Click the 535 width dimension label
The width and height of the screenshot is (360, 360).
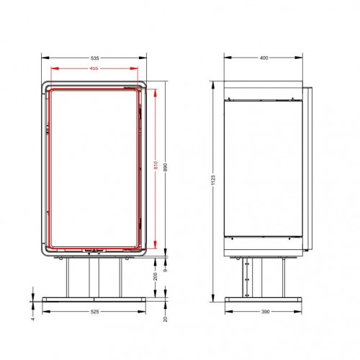[95, 58]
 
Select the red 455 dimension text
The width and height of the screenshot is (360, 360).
[94, 68]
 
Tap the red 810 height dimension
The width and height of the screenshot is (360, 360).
[156, 166]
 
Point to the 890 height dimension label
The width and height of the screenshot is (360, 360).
[165, 167]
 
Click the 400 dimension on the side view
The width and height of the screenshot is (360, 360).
[264, 58]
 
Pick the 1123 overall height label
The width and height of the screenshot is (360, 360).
[213, 180]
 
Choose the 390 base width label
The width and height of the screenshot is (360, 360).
[265, 312]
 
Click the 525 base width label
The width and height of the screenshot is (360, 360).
[94, 312]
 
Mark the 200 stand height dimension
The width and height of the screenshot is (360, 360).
[156, 276]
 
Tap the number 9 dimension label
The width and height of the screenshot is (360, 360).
[165, 270]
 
